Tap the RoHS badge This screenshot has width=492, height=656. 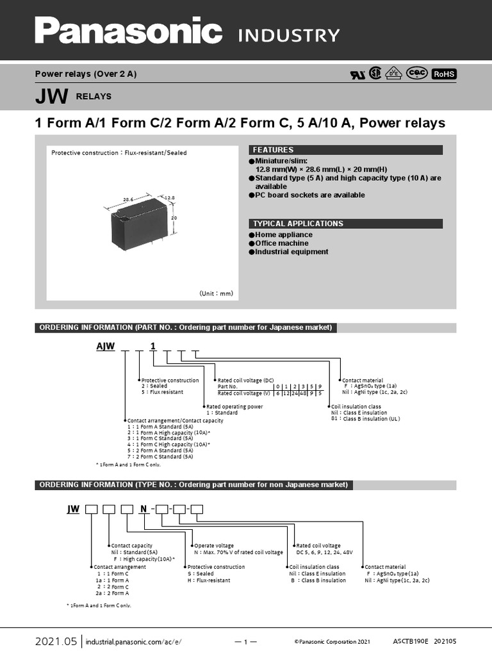444,74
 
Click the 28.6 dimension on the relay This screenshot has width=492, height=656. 128,199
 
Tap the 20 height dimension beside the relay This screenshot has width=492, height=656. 174,218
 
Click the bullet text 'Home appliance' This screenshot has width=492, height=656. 284,235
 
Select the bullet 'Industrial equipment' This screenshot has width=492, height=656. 291,252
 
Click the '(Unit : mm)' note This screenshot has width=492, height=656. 217,293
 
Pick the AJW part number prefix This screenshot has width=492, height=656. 105,347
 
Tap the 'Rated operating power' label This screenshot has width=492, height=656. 234,406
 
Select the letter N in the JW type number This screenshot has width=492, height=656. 144,509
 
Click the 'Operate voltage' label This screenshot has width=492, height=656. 214,546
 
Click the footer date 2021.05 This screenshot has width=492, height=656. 56,641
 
